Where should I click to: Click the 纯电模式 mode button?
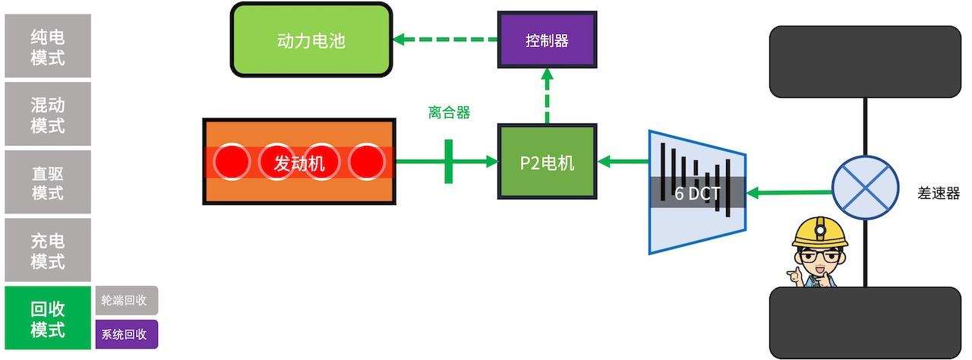point(48,46)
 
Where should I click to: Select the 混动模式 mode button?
point(48,114)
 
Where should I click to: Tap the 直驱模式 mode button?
point(48,182)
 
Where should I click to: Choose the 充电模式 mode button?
point(48,251)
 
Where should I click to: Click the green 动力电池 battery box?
point(311,40)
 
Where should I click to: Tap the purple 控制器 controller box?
point(547,40)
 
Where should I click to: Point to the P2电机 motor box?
point(547,162)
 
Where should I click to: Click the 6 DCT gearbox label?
point(696,193)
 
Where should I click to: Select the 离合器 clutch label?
point(449,113)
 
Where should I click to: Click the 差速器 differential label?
point(939,193)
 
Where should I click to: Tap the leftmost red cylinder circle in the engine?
point(232,162)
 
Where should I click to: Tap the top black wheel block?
point(865,62)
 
